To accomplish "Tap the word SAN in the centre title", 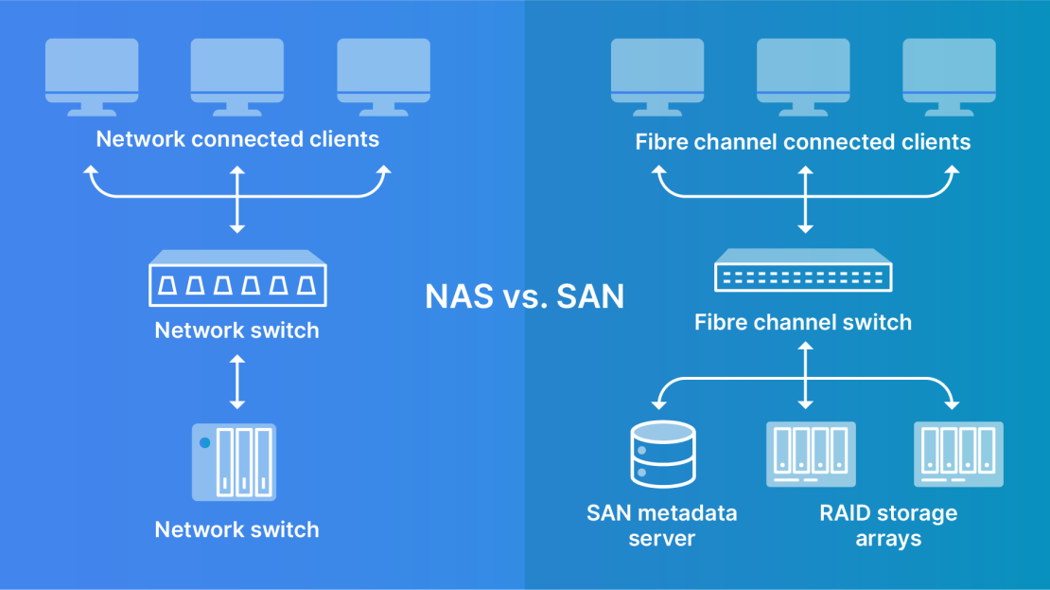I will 590,296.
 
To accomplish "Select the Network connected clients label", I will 237,140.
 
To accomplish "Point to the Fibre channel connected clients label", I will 803,142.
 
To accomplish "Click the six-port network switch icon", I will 237,278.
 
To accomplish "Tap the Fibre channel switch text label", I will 803,322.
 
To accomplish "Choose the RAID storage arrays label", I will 888,526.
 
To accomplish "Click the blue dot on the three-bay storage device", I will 203,441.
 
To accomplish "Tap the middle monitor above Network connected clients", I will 237,76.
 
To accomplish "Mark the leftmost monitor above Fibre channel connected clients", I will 657,76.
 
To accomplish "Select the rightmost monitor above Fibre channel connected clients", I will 949,76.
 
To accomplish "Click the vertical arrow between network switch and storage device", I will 237,382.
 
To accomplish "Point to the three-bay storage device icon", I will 235,462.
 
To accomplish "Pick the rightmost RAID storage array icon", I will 959,455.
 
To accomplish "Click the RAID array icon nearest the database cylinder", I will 811,455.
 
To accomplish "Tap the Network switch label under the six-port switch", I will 237,331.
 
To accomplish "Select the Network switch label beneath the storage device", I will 237,529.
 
